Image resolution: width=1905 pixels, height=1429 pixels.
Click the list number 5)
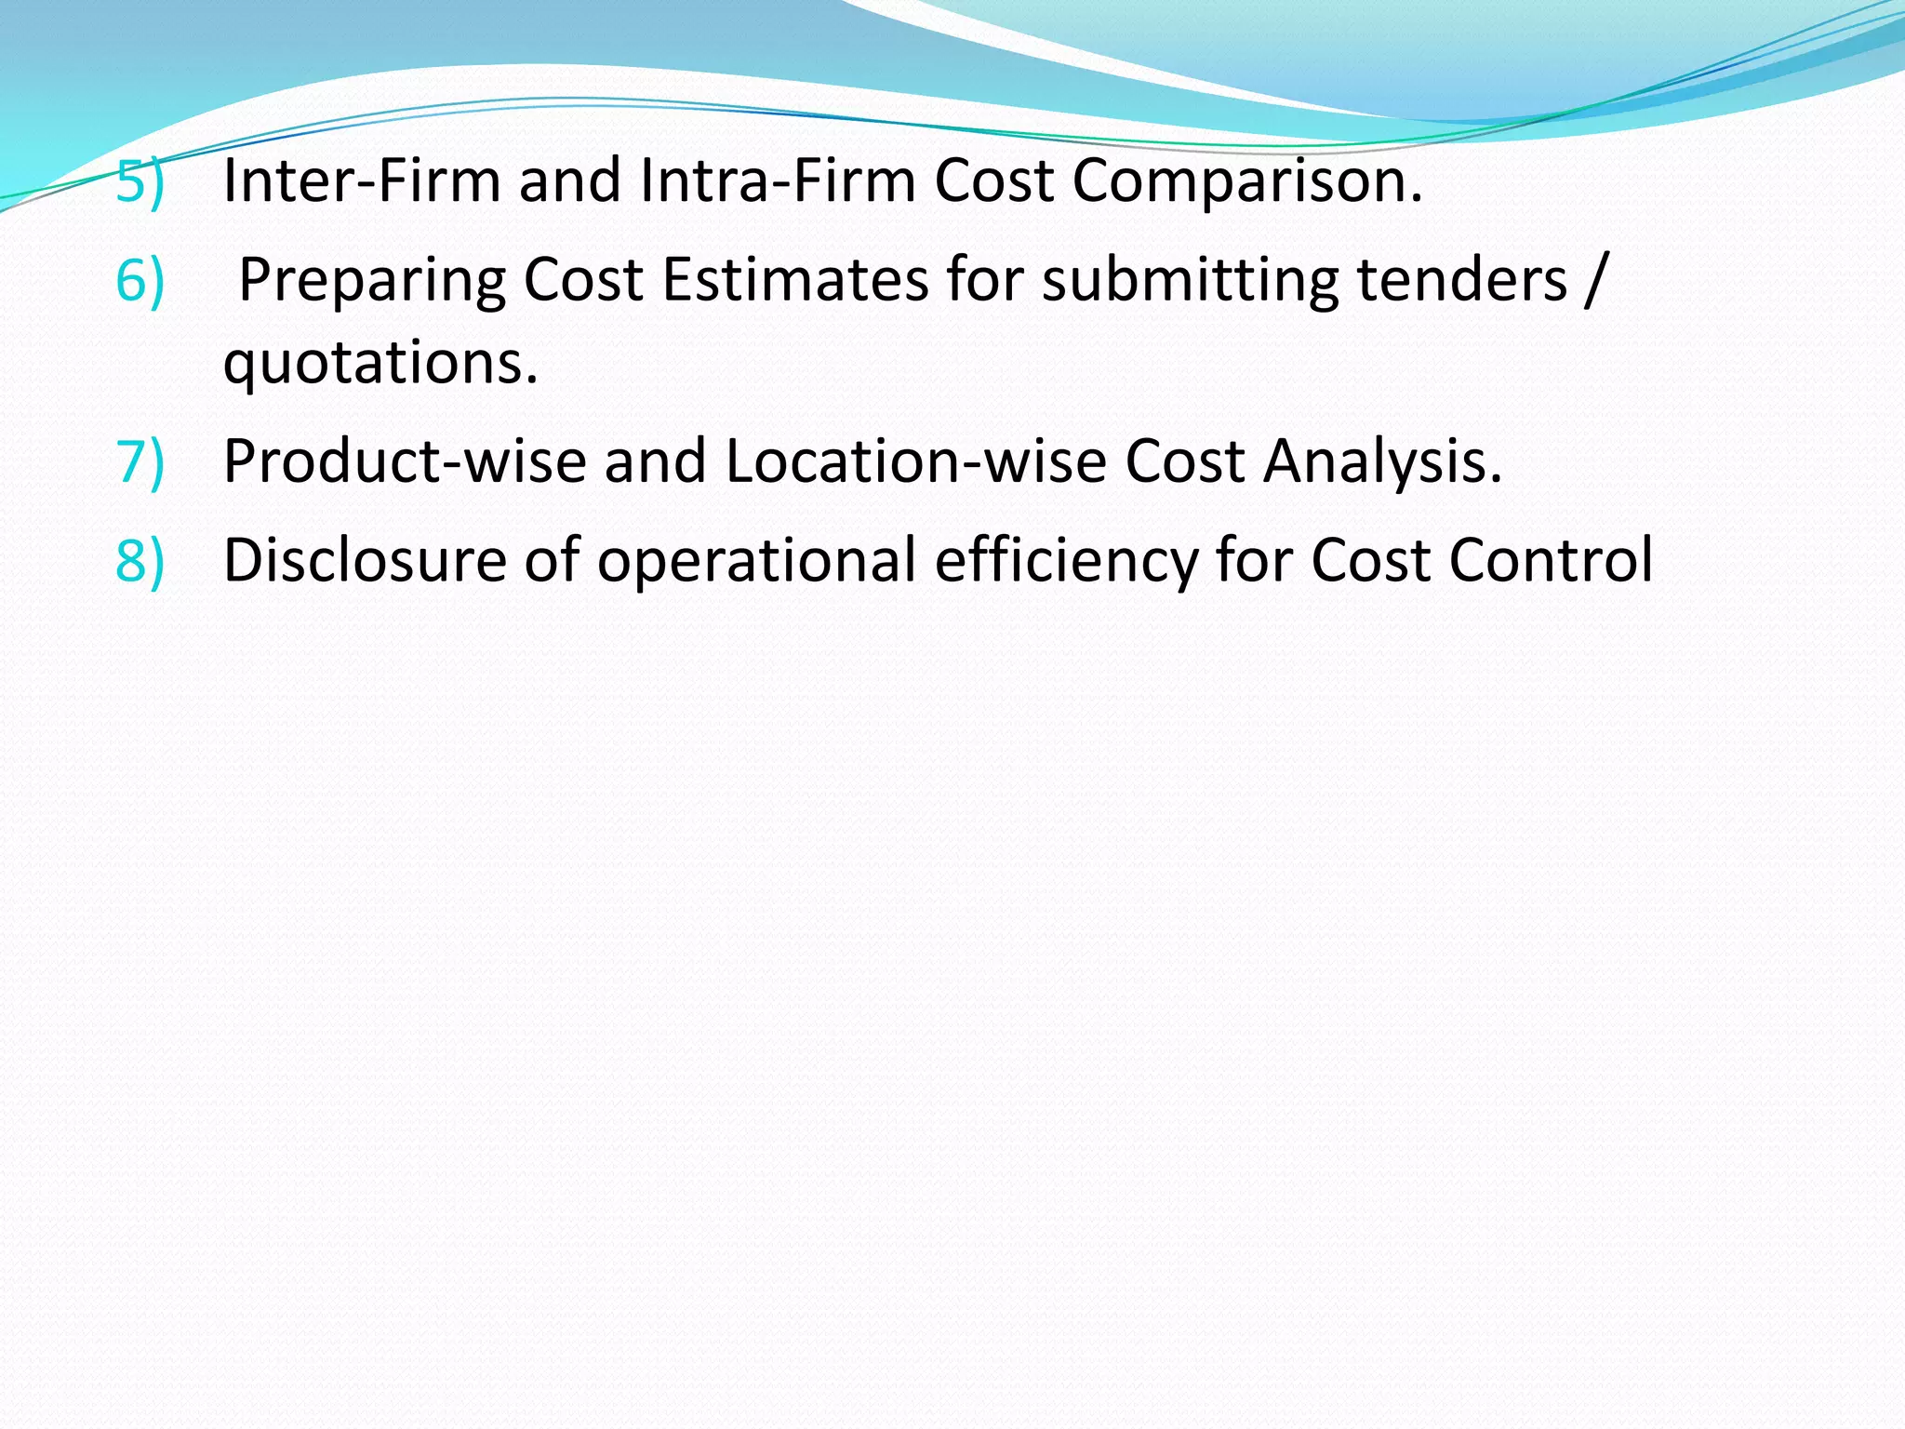coord(140,180)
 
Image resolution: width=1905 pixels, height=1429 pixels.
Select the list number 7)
coord(140,461)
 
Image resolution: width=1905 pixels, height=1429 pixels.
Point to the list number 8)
coord(140,560)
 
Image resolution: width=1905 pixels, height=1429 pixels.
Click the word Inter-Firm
coord(362,180)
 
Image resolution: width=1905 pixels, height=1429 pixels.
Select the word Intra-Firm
coord(778,180)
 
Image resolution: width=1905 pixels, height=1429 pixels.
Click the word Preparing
coord(372,281)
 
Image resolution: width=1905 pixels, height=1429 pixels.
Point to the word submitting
coord(1191,281)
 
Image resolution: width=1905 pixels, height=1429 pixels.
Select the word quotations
coord(380,363)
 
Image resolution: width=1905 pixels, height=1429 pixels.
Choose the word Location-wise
coord(915,461)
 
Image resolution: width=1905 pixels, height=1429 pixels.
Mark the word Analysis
coord(1382,463)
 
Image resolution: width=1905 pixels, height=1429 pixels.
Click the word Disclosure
coord(365,560)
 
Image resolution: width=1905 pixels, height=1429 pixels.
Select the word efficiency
coord(1066,562)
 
